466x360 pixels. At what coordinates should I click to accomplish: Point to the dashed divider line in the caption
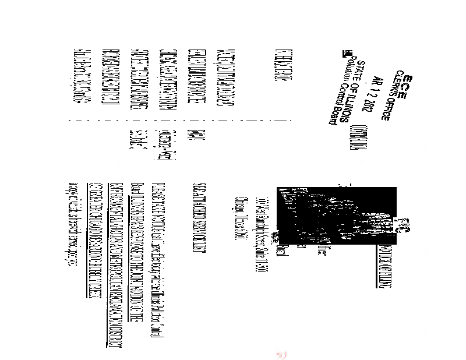point(175,121)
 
